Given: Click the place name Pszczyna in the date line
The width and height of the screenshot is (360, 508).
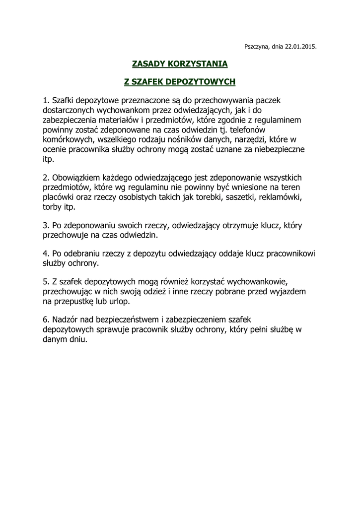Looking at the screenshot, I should coord(257,47).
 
